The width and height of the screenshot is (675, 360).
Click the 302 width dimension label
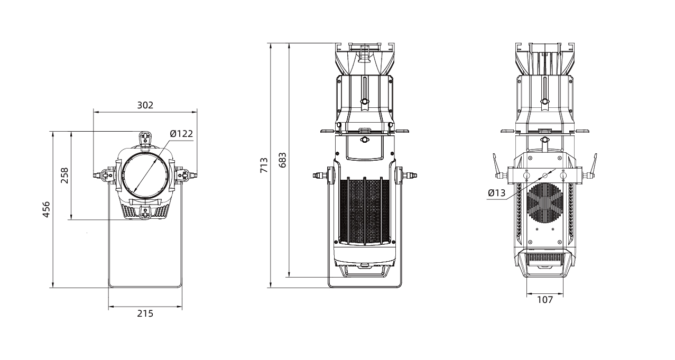pyautogui.click(x=145, y=105)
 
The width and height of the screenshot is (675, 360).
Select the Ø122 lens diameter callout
pyautogui.click(x=181, y=133)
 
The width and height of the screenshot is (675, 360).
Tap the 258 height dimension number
pyautogui.click(x=64, y=176)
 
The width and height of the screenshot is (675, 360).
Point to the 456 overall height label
pyautogui.click(x=46, y=209)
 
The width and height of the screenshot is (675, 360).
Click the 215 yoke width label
pyautogui.click(x=145, y=313)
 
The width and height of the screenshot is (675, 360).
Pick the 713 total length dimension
pyautogui.click(x=264, y=165)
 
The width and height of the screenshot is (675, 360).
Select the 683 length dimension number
pyautogui.click(x=282, y=160)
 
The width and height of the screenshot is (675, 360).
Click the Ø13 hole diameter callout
pyautogui.click(x=497, y=193)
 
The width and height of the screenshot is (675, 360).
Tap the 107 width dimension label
pyautogui.click(x=545, y=300)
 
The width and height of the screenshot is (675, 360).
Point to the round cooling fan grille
pyautogui.click(x=545, y=203)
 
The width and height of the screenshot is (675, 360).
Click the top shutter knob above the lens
pyautogui.click(x=145, y=138)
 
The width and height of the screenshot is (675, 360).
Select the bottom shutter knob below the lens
pyautogui.click(x=145, y=212)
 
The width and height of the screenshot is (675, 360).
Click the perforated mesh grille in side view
pyautogui.click(x=365, y=211)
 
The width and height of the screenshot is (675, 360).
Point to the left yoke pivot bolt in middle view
pyautogui.click(x=320, y=175)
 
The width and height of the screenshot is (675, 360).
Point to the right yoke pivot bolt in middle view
pyautogui.click(x=410, y=175)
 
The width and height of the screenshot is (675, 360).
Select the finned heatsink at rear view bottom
pyautogui.click(x=545, y=259)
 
